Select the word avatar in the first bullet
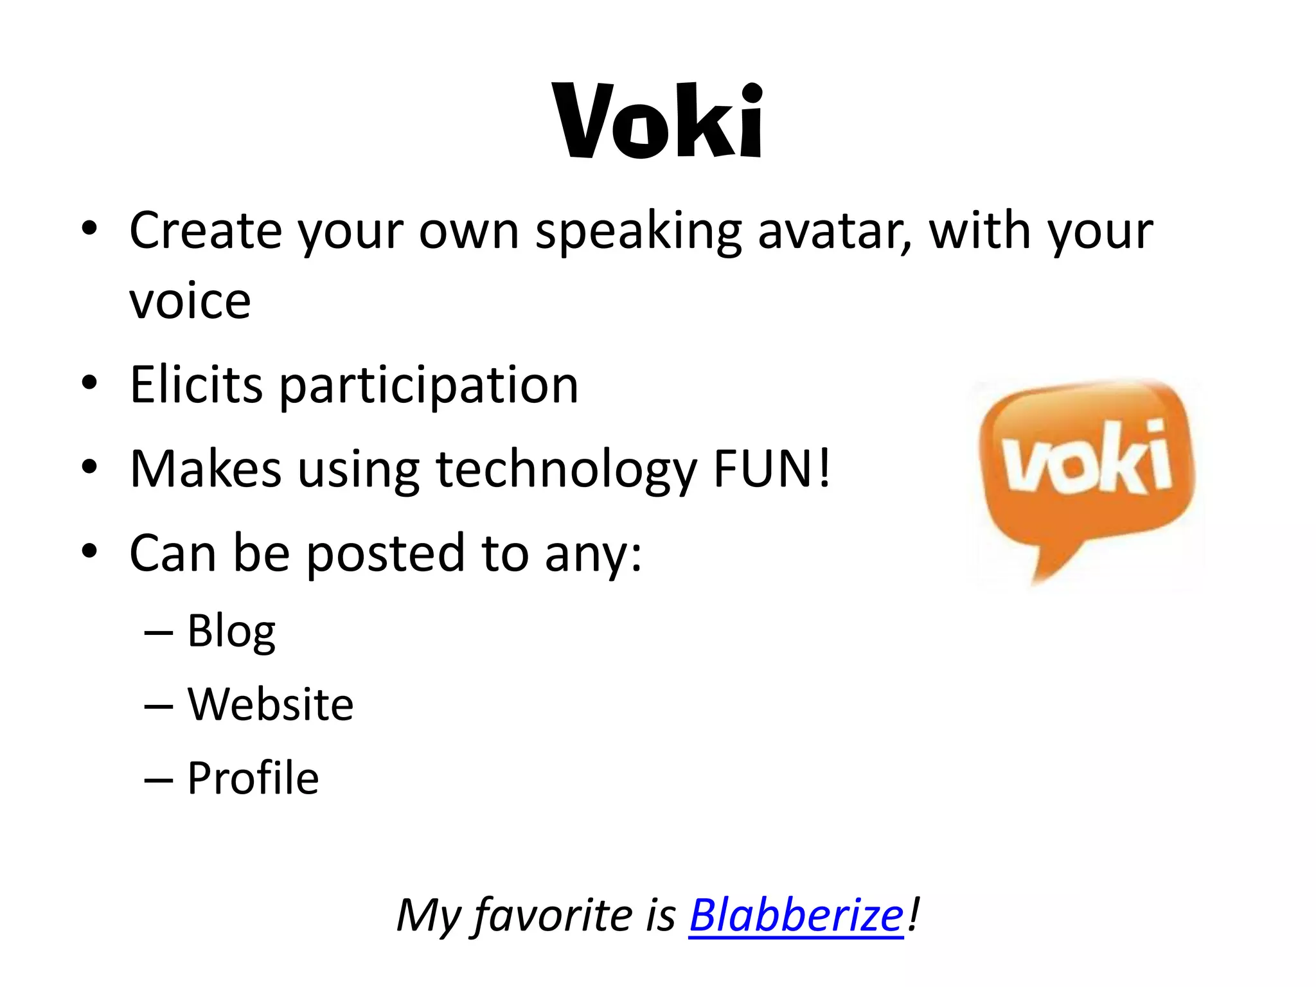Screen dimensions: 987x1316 click(835, 231)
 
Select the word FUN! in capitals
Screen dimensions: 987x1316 click(772, 468)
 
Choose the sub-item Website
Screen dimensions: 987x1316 click(270, 704)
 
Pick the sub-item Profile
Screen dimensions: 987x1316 click(253, 778)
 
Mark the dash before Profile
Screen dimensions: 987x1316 click(158, 779)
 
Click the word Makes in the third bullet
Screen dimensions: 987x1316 click(206, 468)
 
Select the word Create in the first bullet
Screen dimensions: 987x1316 click(206, 231)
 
